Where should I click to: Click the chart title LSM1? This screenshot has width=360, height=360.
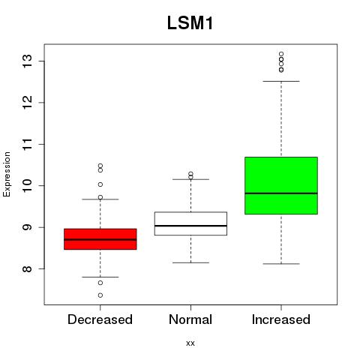190,23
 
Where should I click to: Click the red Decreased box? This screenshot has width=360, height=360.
100,239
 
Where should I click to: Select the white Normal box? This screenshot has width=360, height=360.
190,223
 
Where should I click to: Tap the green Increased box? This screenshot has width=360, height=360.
281,185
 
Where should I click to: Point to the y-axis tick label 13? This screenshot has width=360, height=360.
28,61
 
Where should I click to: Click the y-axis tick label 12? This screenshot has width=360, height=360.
28,103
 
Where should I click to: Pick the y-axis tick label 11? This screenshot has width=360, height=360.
28,144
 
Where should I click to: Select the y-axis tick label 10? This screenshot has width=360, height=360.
28,185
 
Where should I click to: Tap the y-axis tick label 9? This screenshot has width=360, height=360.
28,227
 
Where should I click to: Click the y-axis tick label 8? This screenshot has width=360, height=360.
28,268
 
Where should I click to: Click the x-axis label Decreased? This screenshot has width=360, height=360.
100,319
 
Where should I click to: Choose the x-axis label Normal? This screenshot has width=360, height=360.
190,319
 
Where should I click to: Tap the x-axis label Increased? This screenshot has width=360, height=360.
281,319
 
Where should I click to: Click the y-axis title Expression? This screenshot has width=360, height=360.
7,174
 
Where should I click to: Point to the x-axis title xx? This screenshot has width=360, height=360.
190,343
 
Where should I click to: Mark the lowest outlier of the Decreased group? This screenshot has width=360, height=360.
100,295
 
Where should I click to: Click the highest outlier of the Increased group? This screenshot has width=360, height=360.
281,54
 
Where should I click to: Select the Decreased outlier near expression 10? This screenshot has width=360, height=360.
100,184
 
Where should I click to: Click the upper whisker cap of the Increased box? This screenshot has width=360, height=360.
281,81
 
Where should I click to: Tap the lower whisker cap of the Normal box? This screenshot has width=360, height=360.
190,262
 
